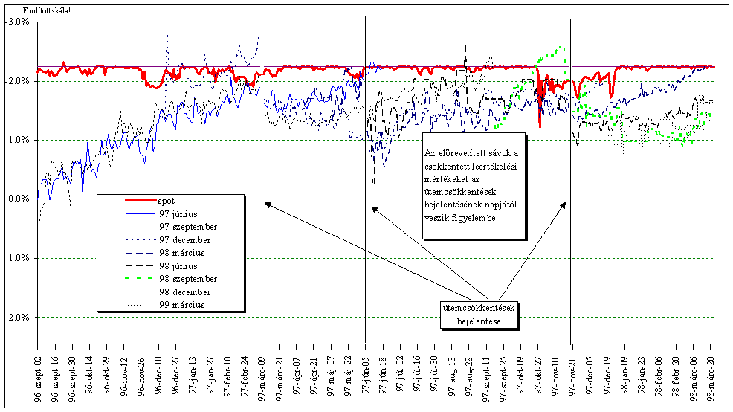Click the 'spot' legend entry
pos(166,200)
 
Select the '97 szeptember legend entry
pos(186,227)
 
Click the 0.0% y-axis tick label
pos(18,199)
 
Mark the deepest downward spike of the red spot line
pos(540,128)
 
